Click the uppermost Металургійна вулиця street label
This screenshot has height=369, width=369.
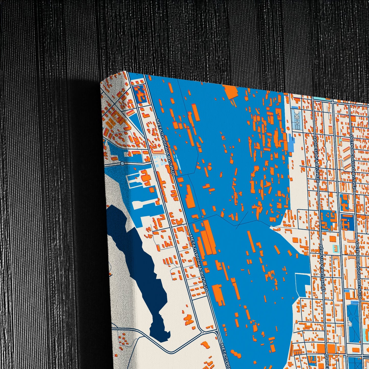(166, 147)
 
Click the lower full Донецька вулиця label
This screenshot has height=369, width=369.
(323, 268)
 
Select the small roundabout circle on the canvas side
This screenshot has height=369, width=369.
(122, 163)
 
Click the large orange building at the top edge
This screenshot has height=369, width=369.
(231, 91)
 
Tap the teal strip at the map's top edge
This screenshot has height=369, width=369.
(319, 98)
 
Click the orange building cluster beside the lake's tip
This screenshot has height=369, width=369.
(189, 319)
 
